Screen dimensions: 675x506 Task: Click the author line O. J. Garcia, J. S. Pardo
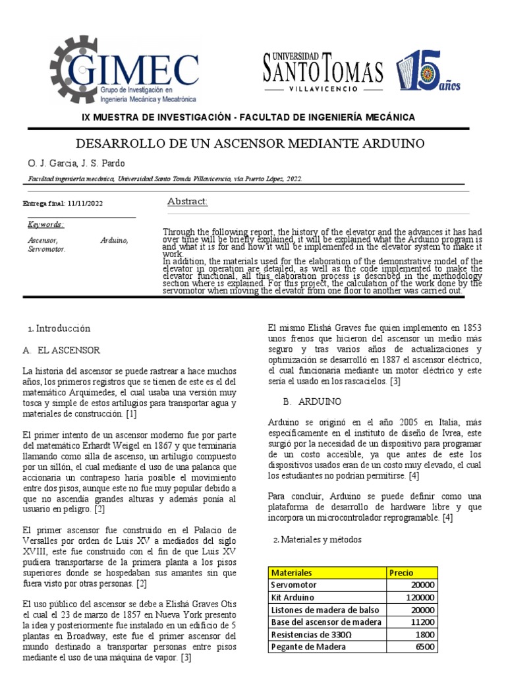[x=76, y=163]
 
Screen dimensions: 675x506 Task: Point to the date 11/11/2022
[x=86, y=203]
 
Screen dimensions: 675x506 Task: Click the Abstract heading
[x=188, y=201]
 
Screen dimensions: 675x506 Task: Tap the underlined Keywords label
[x=45, y=224]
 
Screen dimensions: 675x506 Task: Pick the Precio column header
[x=401, y=573]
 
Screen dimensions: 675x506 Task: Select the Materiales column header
[x=292, y=573]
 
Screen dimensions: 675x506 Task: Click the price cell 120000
[x=420, y=597]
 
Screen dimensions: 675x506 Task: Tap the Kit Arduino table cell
[x=295, y=597]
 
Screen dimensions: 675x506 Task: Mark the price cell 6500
[x=425, y=647]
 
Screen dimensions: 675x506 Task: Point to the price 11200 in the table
[x=422, y=622]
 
